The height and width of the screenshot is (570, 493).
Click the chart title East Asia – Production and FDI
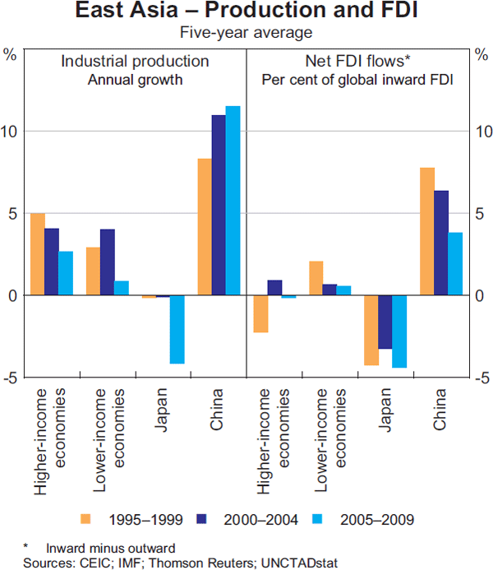tap(246, 13)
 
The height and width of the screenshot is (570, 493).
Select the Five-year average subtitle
tap(246, 33)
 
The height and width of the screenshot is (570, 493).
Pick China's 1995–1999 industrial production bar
tap(205, 226)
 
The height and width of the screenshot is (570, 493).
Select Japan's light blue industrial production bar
tap(177, 329)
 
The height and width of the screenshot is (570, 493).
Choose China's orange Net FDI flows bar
tap(427, 231)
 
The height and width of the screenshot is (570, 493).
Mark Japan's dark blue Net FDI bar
tap(385, 322)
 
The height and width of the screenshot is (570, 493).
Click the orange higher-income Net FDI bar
tap(260, 313)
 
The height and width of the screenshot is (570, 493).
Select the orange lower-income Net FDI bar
tap(316, 278)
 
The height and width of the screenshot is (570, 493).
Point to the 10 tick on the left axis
tap(11, 131)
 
